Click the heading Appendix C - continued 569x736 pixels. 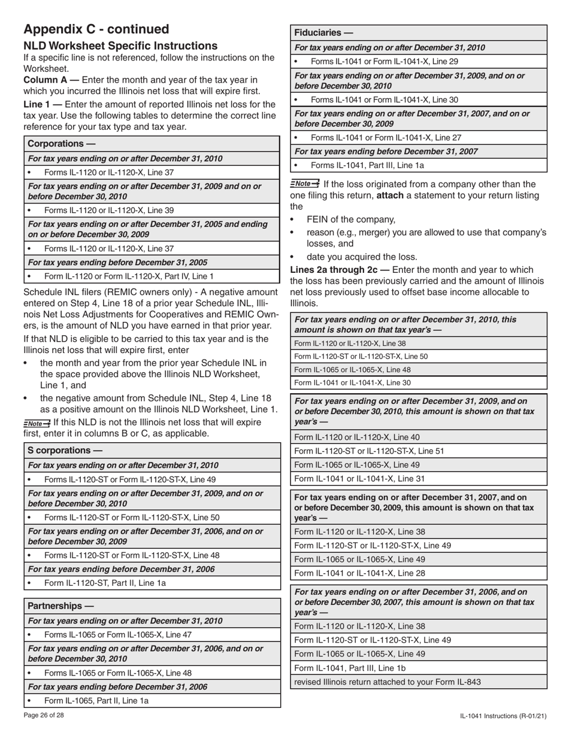pyautogui.click(x=96, y=29)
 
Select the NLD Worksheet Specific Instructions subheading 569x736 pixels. pyautogui.click(x=120, y=46)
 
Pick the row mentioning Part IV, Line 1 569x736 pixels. pyautogui.click(x=128, y=276)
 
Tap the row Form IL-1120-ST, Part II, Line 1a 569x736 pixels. pyautogui.click(x=105, y=582)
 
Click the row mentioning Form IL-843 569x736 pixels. pyautogui.click(x=387, y=682)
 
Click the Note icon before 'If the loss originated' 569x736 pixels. pyautogui.click(x=304, y=184)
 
